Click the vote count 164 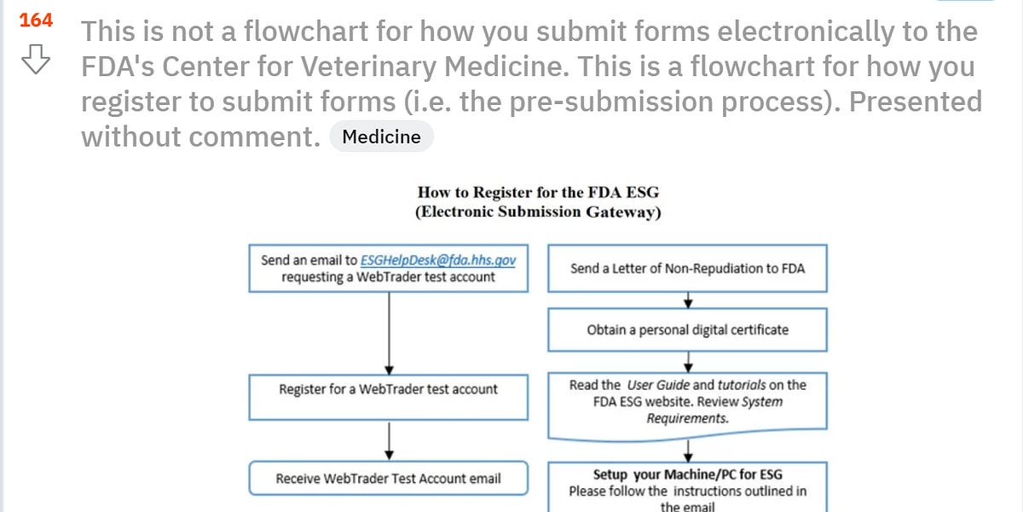[35, 20]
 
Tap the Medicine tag [381, 137]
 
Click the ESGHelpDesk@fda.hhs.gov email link [438, 260]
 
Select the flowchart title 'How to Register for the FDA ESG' [538, 192]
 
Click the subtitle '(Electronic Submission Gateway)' [538, 212]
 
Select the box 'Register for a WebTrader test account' [388, 389]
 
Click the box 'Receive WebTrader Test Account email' [388, 479]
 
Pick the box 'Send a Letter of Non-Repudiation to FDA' [687, 269]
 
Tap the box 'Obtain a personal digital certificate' [687, 329]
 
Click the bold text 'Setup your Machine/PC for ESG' [687, 474]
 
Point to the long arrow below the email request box [389, 333]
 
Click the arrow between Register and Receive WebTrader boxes [389, 439]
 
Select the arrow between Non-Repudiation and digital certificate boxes [688, 300]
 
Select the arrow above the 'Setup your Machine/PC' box [688, 451]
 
